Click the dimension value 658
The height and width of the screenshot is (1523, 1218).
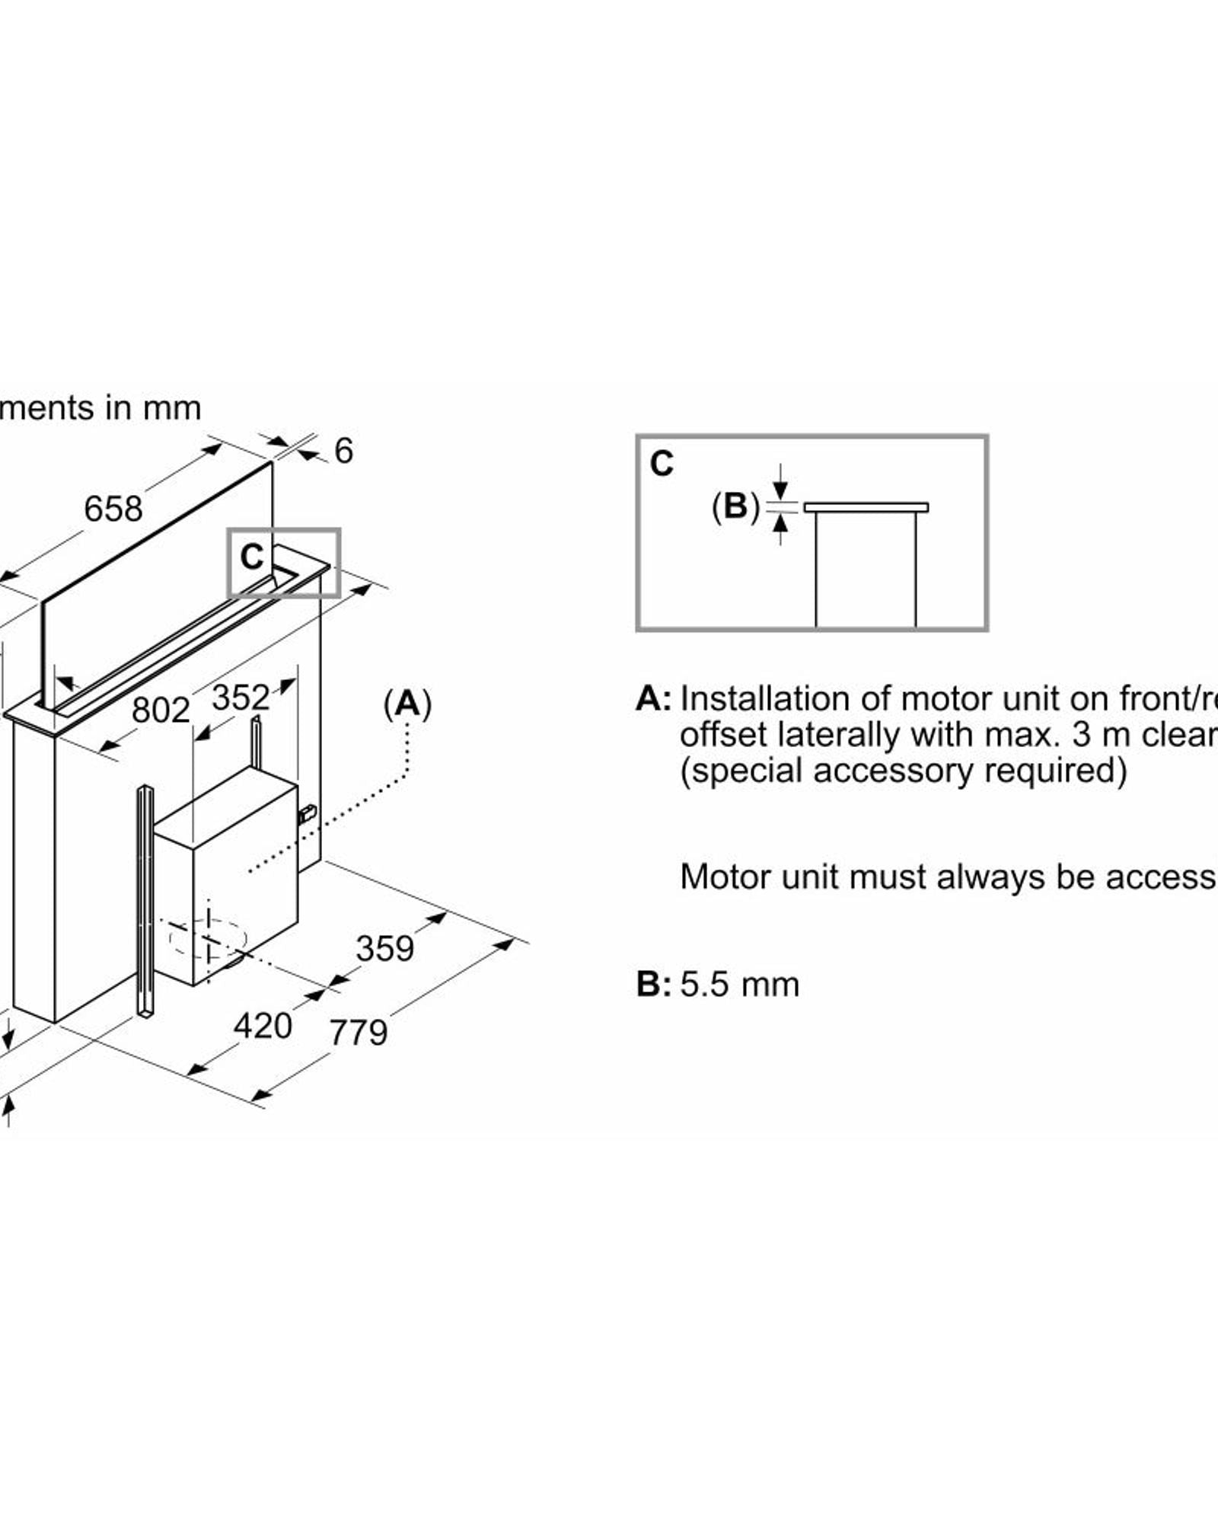[x=113, y=509]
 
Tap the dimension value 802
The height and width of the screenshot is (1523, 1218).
[x=160, y=710]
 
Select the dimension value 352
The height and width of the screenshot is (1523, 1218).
[x=241, y=698]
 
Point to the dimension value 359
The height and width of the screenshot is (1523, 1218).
[x=385, y=949]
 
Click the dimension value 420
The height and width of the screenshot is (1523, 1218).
[x=263, y=1026]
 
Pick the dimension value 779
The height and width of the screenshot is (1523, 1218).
[x=358, y=1033]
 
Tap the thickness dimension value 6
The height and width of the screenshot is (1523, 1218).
[x=344, y=451]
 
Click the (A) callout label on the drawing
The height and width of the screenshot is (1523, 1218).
[x=407, y=704]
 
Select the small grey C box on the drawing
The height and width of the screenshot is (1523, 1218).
[x=284, y=563]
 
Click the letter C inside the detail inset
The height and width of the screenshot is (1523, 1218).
[x=662, y=464]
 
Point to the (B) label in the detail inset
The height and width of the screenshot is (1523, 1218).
[x=735, y=506]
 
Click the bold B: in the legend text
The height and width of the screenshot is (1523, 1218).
[x=653, y=985]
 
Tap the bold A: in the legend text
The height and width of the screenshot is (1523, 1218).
[x=653, y=698]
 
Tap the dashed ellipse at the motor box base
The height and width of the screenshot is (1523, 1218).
[x=207, y=938]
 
